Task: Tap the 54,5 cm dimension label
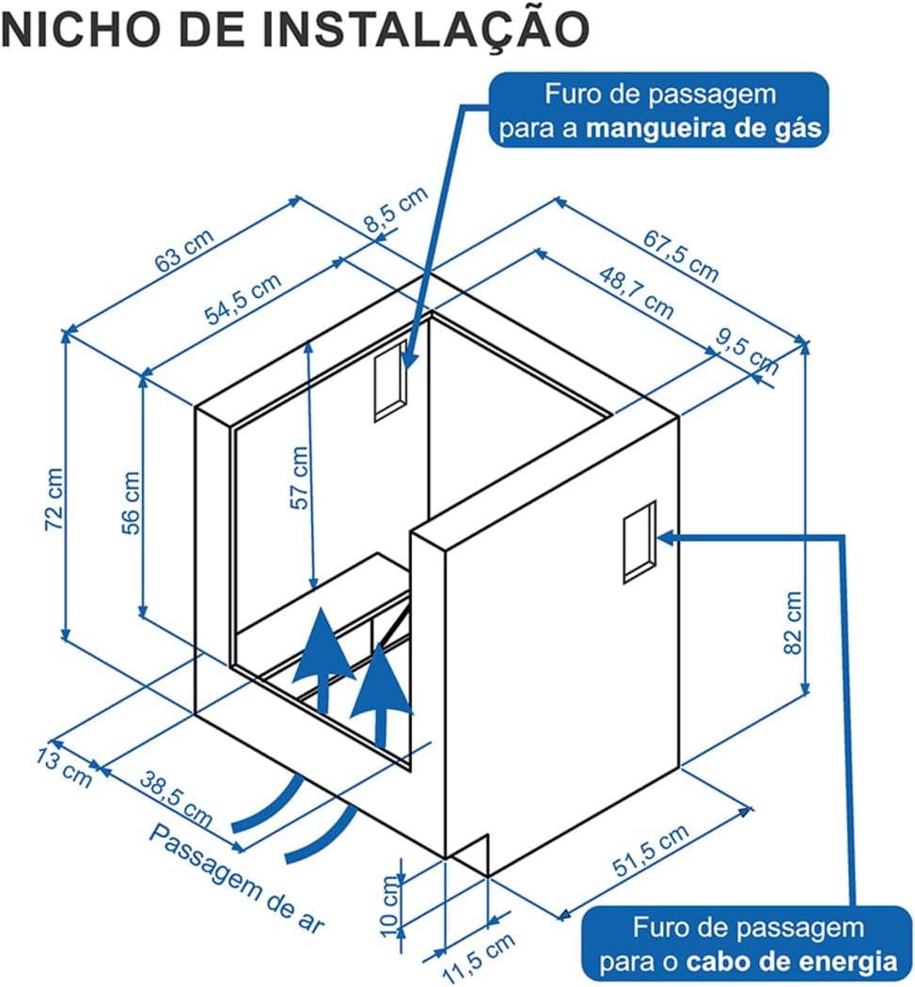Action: [x=242, y=299]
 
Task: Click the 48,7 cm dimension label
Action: [x=637, y=291]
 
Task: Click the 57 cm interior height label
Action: [x=300, y=478]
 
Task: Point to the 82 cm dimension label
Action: [x=793, y=622]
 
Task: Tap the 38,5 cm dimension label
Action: [x=176, y=795]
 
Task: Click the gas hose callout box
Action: [x=659, y=111]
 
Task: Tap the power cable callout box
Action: [x=748, y=945]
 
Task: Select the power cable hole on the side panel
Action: [x=639, y=541]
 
